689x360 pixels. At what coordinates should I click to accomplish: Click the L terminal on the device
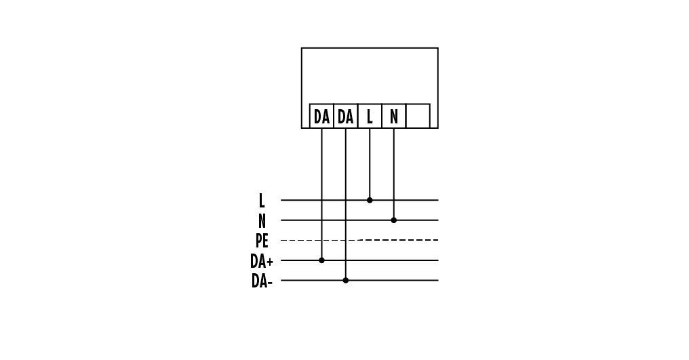click(370, 116)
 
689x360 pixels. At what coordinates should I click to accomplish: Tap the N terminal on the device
click(394, 116)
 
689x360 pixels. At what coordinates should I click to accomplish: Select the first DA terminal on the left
click(321, 116)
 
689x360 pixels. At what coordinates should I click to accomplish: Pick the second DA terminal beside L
click(346, 116)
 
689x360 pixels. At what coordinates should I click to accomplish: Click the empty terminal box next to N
click(418, 116)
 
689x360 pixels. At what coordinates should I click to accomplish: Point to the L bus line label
click(262, 201)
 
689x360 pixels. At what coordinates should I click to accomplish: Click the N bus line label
click(262, 220)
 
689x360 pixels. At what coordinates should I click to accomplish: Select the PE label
click(262, 241)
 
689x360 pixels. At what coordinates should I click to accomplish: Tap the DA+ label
click(262, 261)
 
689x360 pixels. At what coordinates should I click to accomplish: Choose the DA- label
click(262, 281)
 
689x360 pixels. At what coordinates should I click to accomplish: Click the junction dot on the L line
click(370, 200)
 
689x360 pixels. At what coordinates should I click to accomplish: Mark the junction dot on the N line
click(394, 220)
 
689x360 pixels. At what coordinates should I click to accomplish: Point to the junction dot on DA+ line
click(321, 260)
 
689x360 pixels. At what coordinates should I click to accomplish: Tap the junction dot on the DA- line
click(346, 281)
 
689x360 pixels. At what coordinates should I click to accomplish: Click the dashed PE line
click(359, 240)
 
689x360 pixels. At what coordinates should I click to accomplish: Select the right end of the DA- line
click(438, 281)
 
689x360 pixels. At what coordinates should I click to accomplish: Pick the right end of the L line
click(438, 200)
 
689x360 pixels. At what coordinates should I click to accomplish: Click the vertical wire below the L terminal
click(370, 163)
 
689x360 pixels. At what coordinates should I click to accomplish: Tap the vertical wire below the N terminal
click(394, 174)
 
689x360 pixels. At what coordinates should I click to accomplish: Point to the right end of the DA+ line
click(438, 260)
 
